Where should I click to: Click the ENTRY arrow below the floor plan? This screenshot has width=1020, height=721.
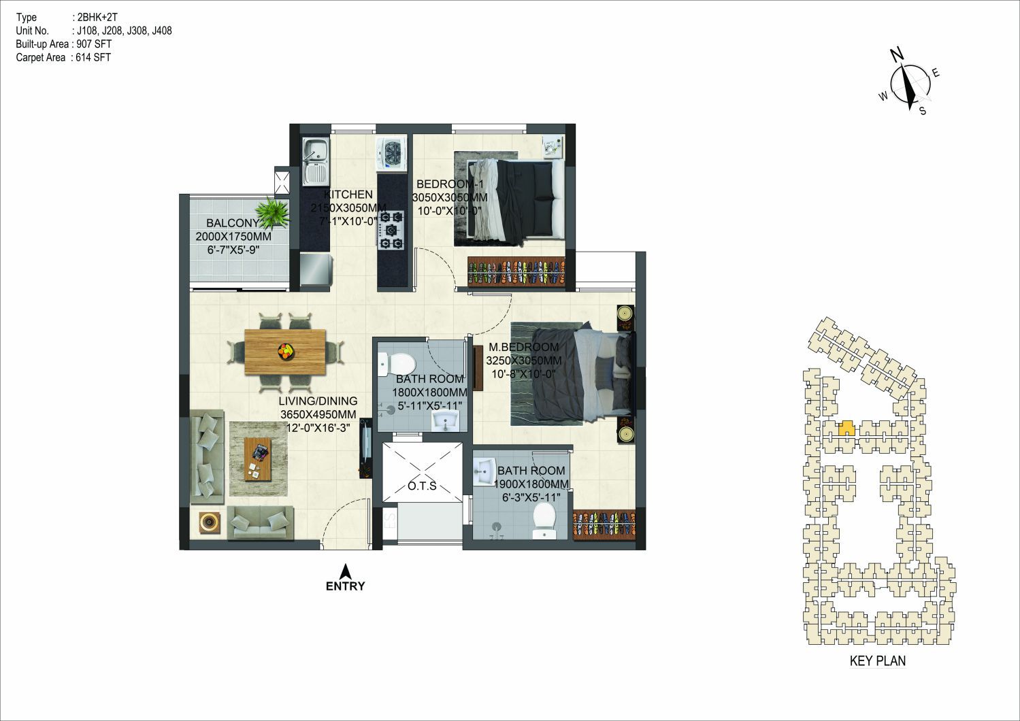click(x=346, y=571)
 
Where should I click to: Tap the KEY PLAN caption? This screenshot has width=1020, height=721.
click(x=878, y=660)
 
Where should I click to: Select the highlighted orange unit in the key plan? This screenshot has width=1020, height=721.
click(x=846, y=429)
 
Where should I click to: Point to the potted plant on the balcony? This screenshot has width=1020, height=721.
click(x=272, y=213)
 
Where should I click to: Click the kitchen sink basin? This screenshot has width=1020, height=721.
click(x=314, y=148)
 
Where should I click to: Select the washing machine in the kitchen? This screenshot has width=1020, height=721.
click(x=391, y=154)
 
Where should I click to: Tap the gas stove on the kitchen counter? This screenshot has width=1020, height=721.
click(x=391, y=230)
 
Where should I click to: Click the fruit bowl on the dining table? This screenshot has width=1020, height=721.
click(x=286, y=351)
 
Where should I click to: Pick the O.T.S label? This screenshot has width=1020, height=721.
click(x=422, y=486)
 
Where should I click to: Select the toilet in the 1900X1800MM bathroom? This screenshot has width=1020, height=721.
click(x=544, y=521)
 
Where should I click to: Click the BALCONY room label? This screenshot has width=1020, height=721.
click(x=233, y=223)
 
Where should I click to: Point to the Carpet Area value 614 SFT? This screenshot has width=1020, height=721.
click(x=93, y=57)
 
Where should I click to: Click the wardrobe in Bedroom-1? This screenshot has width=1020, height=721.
click(x=516, y=272)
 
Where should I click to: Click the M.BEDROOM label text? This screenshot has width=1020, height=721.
click(x=524, y=347)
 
